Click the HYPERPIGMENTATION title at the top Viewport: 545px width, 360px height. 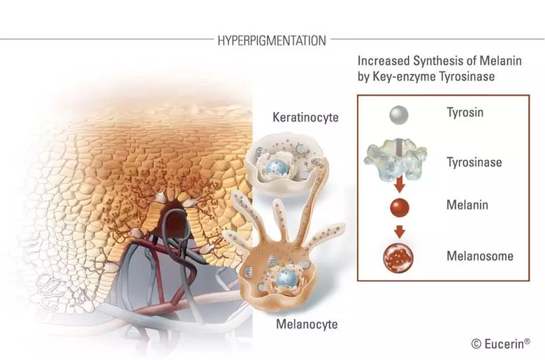(x=271, y=41)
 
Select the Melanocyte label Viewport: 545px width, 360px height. (x=307, y=324)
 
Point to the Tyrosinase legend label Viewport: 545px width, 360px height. (x=475, y=162)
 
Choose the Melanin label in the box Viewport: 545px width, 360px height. (x=467, y=206)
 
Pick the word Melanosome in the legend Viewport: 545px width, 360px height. (x=479, y=256)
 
